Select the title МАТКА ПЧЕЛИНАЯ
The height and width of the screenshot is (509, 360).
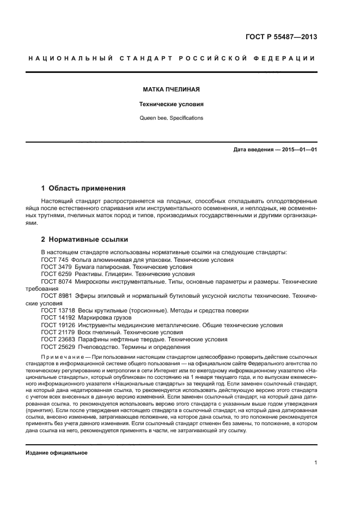pos(171,88)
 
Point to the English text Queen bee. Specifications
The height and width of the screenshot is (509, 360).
pos(171,118)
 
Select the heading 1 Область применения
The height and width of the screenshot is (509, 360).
pos(83,188)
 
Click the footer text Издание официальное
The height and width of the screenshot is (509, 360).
pos(57,452)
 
